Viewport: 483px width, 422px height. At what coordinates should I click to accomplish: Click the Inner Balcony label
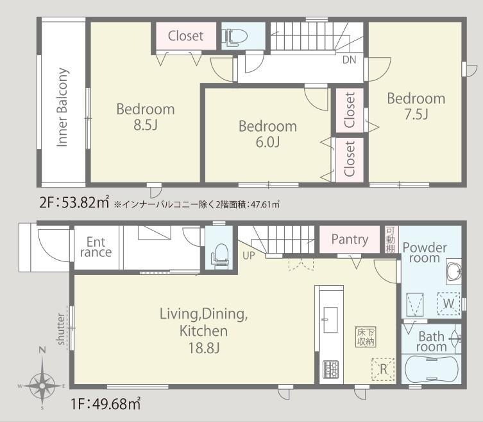click(62, 107)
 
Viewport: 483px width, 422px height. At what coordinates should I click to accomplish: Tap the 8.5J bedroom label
click(146, 117)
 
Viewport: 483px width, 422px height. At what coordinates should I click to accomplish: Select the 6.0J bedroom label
click(267, 134)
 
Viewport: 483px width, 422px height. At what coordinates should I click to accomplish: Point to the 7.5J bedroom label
click(416, 106)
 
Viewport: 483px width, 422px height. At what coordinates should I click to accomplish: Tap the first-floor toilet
click(219, 254)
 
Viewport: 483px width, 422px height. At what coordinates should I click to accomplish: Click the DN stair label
click(350, 60)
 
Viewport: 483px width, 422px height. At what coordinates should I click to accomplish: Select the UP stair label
click(249, 256)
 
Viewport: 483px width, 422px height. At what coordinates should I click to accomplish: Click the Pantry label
click(350, 240)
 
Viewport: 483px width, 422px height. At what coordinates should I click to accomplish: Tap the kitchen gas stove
click(331, 369)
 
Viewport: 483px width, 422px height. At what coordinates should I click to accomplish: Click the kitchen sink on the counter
click(330, 320)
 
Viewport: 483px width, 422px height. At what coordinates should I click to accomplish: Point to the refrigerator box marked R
click(383, 369)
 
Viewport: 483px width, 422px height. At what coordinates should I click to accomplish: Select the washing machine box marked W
click(448, 304)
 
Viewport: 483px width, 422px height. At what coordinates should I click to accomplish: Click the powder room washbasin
click(454, 272)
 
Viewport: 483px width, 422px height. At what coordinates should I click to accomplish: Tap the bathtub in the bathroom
click(431, 369)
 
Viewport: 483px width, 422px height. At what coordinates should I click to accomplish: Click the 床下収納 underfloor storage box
click(366, 337)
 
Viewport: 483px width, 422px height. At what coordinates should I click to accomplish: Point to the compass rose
click(42, 385)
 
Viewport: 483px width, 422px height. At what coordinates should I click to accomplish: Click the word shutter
click(61, 329)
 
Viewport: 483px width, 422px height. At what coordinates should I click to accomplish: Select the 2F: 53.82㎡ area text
click(74, 203)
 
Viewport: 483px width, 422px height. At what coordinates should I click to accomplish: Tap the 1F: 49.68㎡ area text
click(106, 403)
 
